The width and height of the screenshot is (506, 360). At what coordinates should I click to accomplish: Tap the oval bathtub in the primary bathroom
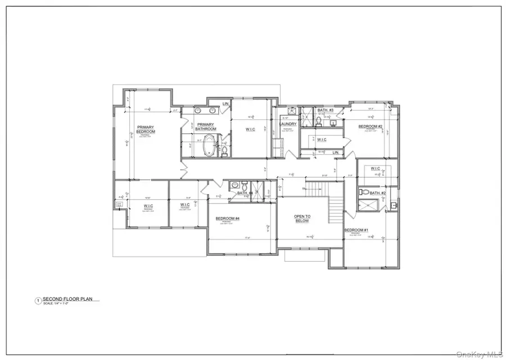point(210,145)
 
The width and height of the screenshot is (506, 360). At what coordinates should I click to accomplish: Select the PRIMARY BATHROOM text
point(206,127)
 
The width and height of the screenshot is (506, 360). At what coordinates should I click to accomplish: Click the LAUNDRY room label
point(288,124)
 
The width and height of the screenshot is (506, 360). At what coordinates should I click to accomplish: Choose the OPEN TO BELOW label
point(302,219)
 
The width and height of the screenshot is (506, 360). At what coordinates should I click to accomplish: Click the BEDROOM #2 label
point(371,127)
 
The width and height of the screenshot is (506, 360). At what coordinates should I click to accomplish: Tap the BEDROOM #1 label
point(356,230)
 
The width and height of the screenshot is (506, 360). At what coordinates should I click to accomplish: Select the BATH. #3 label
point(326,110)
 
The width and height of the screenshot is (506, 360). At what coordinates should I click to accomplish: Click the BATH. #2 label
point(378,193)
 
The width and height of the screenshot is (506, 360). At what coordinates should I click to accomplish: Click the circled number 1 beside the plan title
point(38,301)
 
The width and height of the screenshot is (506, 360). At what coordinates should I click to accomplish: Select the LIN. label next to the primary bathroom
point(225,104)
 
